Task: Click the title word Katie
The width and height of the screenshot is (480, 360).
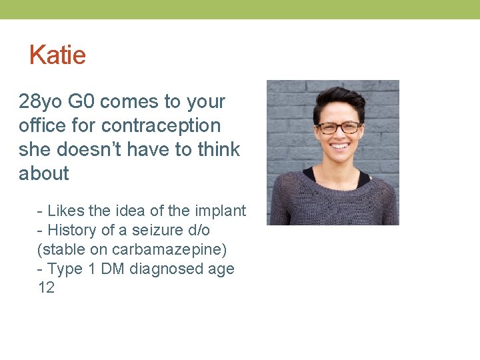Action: point(57,55)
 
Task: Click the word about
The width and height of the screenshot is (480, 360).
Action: point(44,174)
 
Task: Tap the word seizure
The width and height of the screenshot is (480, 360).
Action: point(152,231)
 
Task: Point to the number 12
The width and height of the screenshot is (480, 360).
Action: point(47,289)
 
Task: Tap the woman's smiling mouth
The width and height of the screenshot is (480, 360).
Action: point(340,145)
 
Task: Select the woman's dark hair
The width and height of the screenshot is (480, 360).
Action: point(339,100)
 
